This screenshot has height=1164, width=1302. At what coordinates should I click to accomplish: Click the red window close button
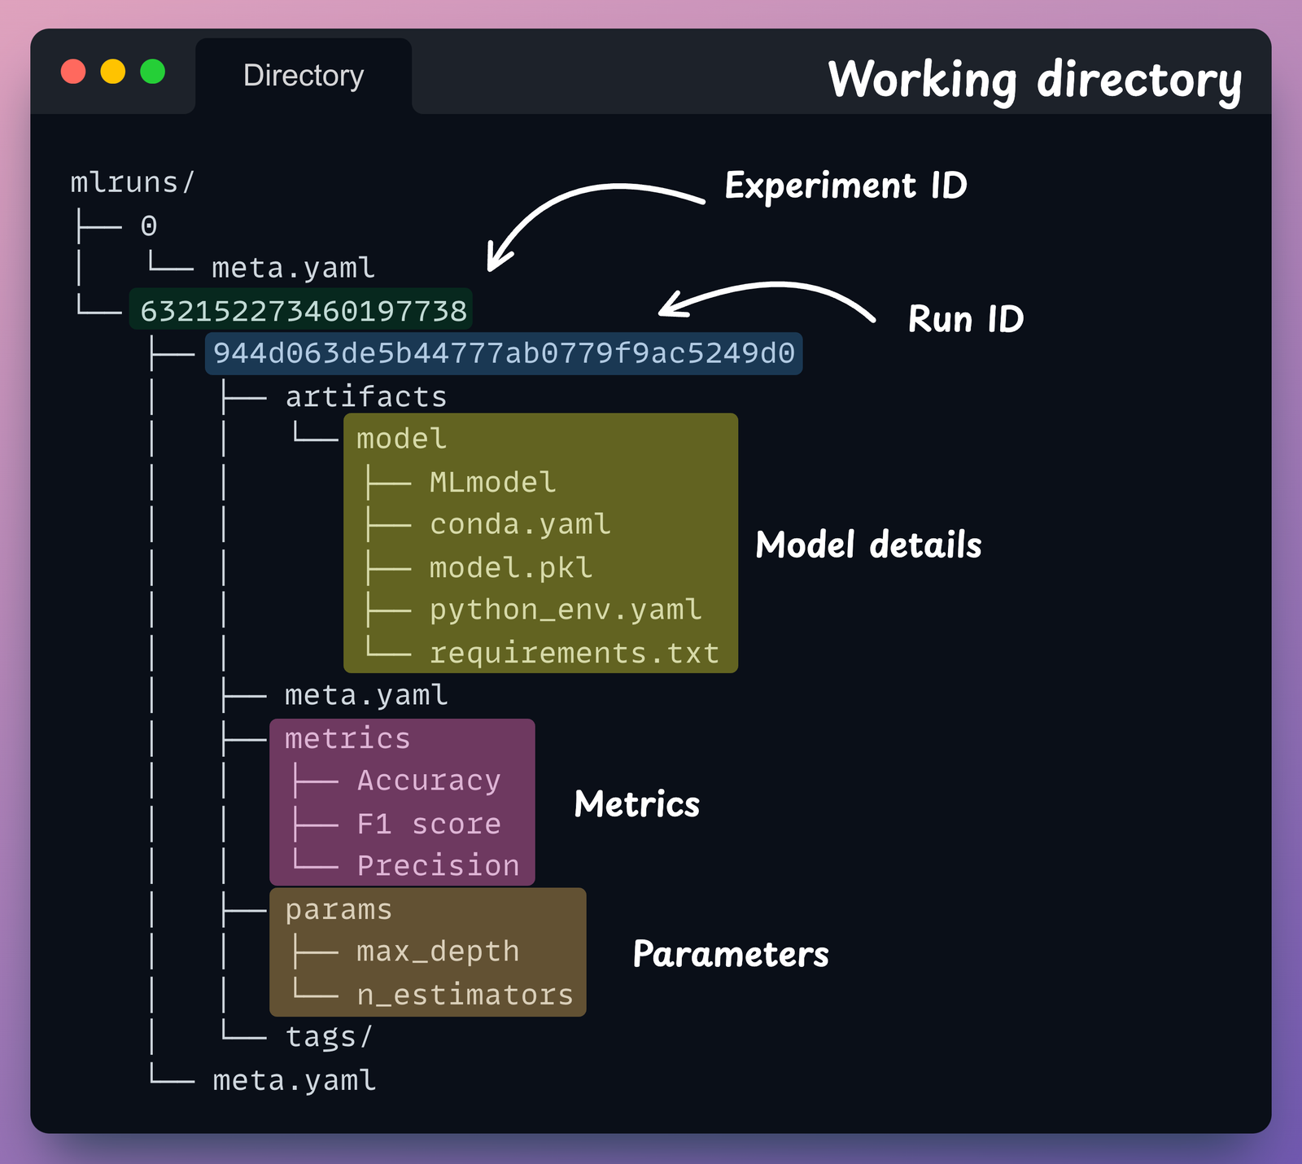point(73,72)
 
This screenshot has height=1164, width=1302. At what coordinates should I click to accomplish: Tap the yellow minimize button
point(113,72)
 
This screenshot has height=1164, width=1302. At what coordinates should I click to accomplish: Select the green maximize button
point(153,72)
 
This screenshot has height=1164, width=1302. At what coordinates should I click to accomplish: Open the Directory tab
point(304,76)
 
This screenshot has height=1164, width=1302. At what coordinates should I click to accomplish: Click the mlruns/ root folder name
point(133,183)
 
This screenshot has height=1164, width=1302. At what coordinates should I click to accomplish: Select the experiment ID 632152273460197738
point(303,311)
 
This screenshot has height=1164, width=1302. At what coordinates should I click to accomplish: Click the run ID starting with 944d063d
point(504,353)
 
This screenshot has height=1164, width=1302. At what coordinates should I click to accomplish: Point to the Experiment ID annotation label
point(845,186)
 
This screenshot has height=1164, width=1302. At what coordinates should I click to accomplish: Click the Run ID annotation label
point(965,319)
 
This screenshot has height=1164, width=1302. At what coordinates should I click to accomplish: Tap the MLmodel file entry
point(492,483)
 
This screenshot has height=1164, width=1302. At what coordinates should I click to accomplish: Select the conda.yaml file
point(520,524)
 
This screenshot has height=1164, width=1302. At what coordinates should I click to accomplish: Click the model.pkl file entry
point(511,567)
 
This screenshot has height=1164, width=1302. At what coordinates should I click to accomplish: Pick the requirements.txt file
point(575,653)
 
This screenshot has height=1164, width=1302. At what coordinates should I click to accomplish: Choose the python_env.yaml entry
point(566,610)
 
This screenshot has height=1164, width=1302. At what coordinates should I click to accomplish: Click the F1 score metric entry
point(429,824)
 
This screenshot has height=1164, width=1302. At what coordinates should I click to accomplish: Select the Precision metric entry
point(438,865)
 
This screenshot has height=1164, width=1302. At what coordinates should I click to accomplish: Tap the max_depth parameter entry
point(438,952)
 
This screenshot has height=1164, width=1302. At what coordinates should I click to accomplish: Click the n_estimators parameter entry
point(465,995)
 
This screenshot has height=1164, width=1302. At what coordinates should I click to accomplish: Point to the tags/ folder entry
point(329,1037)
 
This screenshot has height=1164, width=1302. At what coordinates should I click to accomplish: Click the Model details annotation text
point(868,545)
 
